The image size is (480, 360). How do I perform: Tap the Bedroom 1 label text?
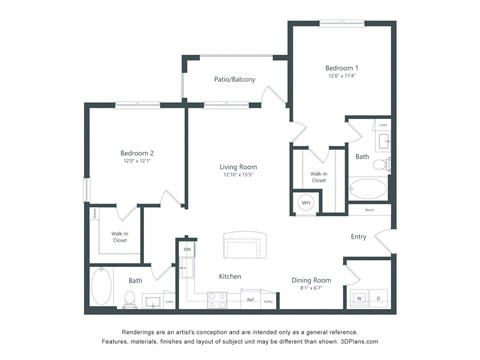point(343,67)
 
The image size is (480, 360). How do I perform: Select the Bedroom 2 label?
point(137,153)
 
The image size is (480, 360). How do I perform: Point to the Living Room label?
point(239,167)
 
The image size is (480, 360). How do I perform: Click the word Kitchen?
point(230,276)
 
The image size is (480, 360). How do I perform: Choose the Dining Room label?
point(310,280)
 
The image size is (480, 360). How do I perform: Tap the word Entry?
point(358,237)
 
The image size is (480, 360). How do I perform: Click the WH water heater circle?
point(306,202)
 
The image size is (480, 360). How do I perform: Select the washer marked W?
point(359,298)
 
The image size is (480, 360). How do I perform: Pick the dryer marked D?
point(378,298)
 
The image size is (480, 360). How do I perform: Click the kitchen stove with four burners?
point(216,298)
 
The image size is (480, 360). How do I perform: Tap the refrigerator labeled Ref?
point(251,299)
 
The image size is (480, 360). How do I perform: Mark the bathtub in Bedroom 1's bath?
point(367,190)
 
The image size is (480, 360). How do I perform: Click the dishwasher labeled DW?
point(187,250)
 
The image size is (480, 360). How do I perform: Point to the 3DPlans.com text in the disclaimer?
point(342,340)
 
